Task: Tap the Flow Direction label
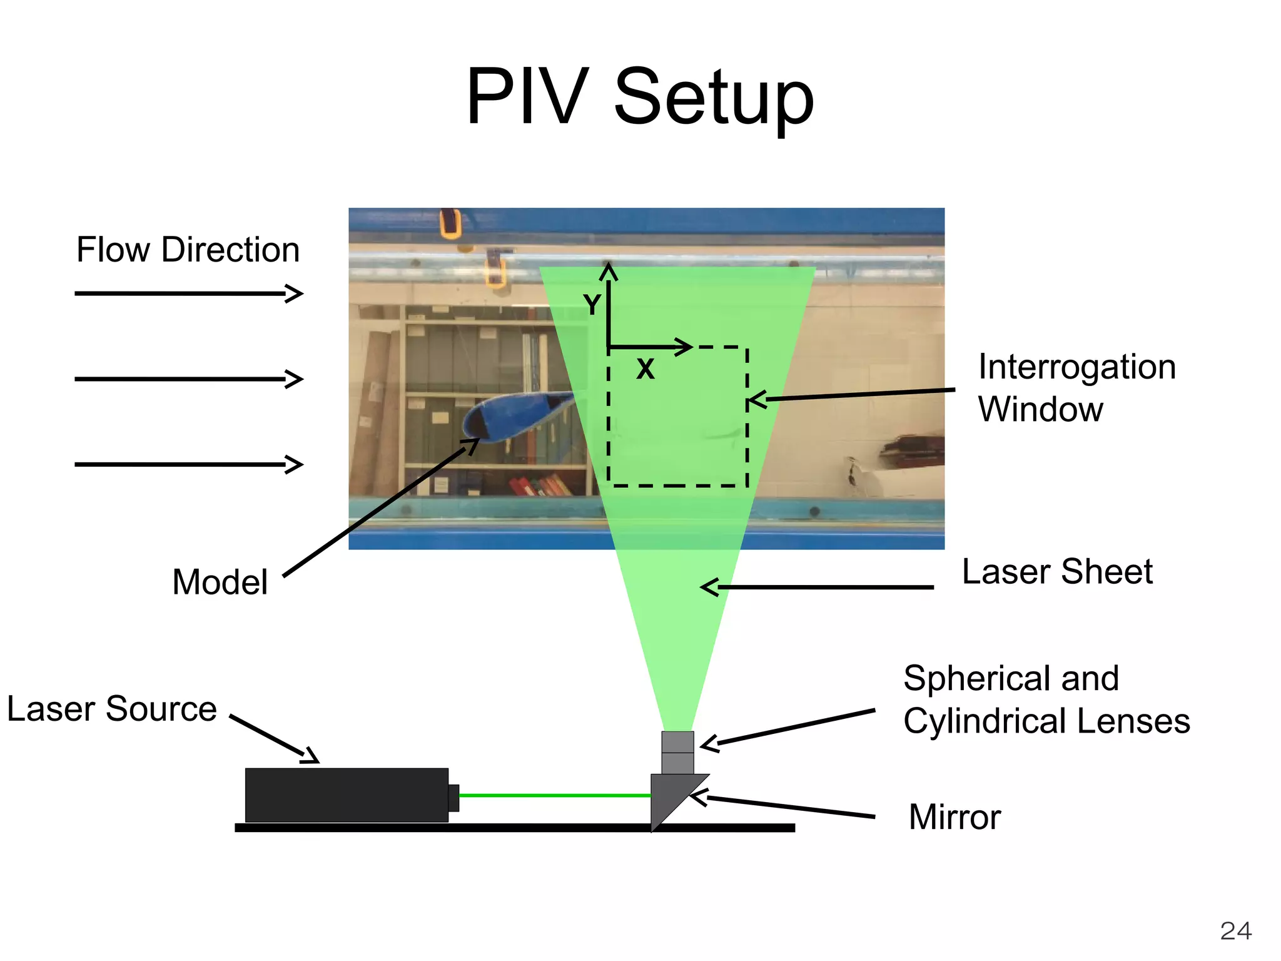188,250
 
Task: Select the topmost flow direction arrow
188,293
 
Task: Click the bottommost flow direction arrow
188,464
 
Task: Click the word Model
220,582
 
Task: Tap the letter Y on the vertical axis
592,305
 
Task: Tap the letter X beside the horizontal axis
645,369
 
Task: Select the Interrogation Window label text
1076,388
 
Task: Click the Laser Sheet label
1057,571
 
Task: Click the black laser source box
347,795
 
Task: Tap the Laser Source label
112,709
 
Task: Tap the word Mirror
954,817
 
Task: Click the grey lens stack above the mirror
677,752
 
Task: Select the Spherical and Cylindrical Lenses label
1046,699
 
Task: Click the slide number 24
1235,931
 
